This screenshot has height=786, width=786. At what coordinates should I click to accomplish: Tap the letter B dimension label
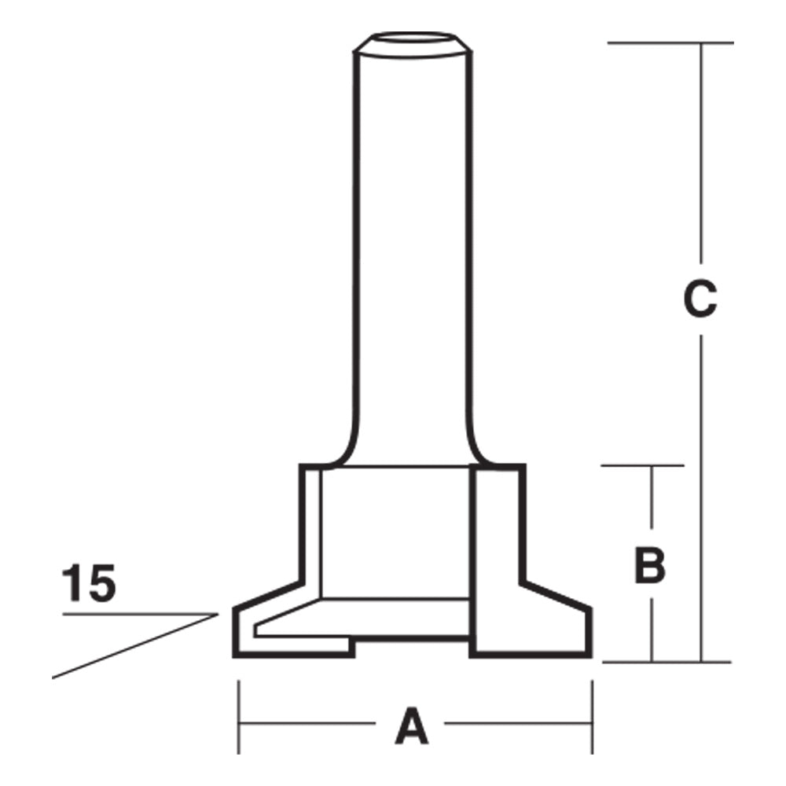pos(650,564)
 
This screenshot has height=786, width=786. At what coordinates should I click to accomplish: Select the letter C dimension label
pos(699,299)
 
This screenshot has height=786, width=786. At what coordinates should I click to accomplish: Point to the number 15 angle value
pos(90,583)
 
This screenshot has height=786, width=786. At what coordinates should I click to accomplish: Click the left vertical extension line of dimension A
pos(238,715)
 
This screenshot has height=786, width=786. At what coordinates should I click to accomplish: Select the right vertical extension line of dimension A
pos(591,715)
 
